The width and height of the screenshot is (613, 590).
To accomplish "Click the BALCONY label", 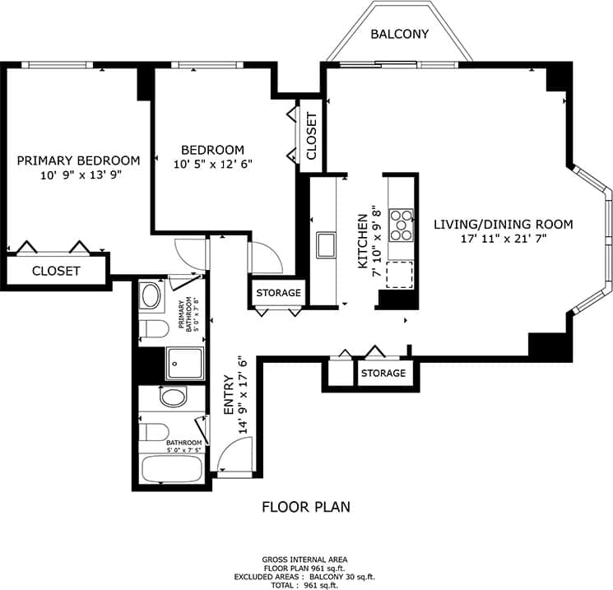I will (x=399, y=34).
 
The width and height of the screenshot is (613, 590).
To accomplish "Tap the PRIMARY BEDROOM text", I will (x=78, y=160).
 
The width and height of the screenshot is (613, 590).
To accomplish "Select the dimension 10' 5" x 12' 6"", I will (x=212, y=164).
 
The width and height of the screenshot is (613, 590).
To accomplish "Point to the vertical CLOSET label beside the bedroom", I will (x=311, y=137).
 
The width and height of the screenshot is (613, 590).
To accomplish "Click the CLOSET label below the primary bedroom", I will (x=56, y=271).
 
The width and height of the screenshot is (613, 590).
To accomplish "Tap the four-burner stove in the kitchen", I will (x=402, y=225).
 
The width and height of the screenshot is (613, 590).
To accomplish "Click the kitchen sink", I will (x=325, y=244).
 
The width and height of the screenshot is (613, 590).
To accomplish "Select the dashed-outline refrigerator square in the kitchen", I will (x=401, y=274).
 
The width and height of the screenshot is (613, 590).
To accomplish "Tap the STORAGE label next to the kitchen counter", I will (x=278, y=293).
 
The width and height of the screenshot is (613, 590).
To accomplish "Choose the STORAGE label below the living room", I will (x=383, y=373).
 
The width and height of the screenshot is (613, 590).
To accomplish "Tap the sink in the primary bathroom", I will (x=151, y=295).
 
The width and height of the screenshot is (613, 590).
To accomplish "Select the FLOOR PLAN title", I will (x=305, y=507).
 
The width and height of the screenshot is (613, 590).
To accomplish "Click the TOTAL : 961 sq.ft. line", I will (x=305, y=585).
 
